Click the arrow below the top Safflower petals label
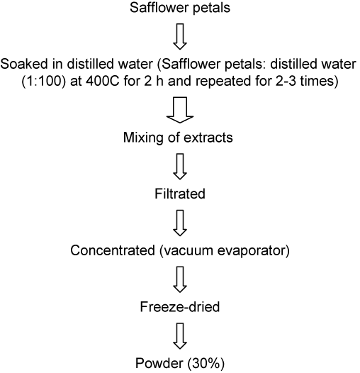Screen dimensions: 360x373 [x=180, y=36]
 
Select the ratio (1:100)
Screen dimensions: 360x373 [x=43, y=82]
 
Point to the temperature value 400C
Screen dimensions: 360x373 [x=102, y=82]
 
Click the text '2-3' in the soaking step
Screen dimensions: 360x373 [x=284, y=82]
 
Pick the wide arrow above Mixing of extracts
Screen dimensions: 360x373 [x=180, y=110]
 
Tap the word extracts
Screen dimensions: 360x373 [x=208, y=138]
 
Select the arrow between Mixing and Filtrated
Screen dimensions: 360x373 [x=180, y=167]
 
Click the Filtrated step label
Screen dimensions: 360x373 [x=180, y=194]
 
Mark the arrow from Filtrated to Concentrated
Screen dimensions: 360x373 [x=180, y=223]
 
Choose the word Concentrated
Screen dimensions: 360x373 [x=113, y=250]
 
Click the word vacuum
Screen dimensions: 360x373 [x=186, y=251]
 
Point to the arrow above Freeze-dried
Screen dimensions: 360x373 [x=180, y=279]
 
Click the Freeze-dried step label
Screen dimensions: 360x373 [x=180, y=306]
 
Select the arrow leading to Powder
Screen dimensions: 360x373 [x=180, y=336]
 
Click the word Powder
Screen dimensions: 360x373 [x=159, y=363]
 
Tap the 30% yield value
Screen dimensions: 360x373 [x=206, y=364]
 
